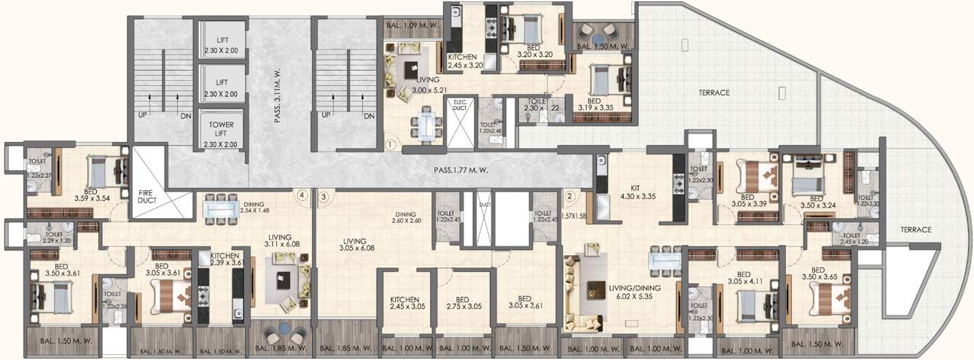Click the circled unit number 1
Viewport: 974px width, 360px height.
point(391,145)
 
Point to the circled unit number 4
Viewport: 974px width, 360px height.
point(301,195)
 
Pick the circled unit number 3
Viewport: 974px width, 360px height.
point(323,195)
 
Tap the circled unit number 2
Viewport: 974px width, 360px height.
point(570,195)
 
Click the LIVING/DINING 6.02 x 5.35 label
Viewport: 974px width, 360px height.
point(634,292)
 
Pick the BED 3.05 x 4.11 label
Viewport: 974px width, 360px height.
point(744,280)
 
